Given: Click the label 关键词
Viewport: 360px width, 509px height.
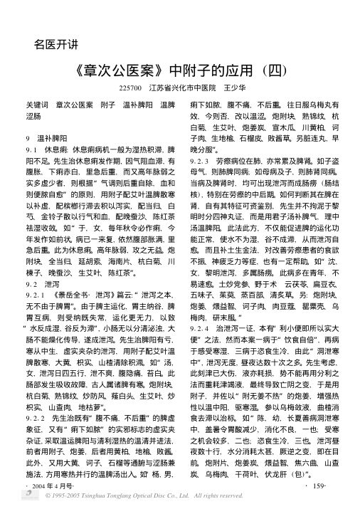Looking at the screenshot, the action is pos(36,105).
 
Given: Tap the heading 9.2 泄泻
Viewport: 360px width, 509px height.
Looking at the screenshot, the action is pos(42,244).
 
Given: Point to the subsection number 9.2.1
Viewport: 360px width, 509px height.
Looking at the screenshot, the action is pos(36,254).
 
